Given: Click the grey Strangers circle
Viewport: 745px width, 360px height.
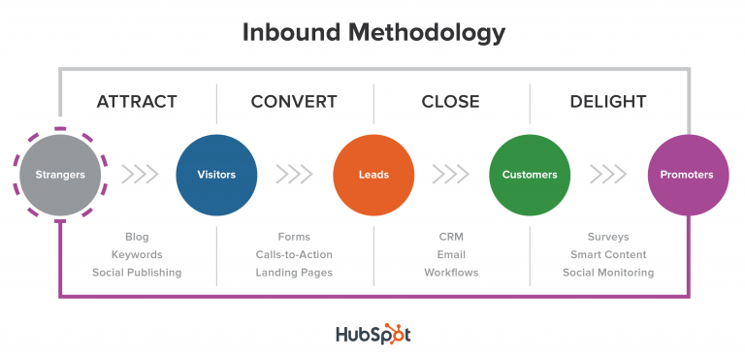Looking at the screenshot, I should (x=60, y=175).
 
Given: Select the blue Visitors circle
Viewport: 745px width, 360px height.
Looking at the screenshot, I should (x=216, y=175).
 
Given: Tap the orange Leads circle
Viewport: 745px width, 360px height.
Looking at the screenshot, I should (x=373, y=175).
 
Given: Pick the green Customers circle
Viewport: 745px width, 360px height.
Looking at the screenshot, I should (x=530, y=175).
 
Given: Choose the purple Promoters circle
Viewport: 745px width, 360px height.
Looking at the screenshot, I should (x=687, y=175).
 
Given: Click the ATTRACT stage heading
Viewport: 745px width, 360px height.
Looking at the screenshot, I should (x=137, y=101).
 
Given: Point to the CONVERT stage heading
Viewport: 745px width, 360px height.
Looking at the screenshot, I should (x=294, y=101).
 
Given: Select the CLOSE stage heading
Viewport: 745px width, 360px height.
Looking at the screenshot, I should (x=452, y=101).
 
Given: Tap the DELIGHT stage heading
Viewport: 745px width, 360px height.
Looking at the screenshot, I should (x=608, y=101).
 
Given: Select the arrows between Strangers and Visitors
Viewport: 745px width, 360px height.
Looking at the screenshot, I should (x=140, y=175).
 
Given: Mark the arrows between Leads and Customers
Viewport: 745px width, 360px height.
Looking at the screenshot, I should (x=451, y=175).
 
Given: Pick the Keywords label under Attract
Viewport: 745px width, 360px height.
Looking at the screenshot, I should (x=137, y=254).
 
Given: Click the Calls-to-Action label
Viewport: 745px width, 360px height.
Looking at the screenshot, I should (x=294, y=254).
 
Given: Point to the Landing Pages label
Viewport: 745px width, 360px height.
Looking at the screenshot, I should (x=294, y=273).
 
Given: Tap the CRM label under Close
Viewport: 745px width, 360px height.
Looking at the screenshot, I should (x=451, y=237).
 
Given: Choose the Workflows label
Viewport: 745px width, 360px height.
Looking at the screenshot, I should (x=451, y=273).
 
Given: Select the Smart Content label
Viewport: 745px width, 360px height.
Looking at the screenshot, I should (x=608, y=254).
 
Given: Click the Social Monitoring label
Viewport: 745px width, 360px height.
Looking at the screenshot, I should (x=608, y=273).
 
